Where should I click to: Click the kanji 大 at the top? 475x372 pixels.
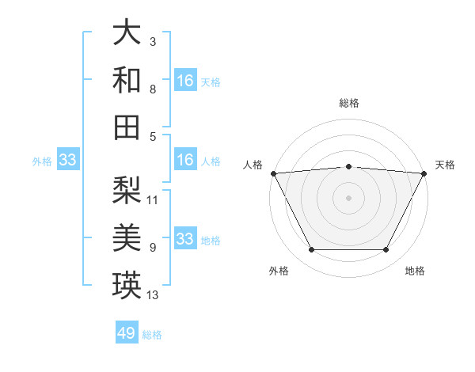(127, 32)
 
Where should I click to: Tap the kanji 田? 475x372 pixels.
(127, 126)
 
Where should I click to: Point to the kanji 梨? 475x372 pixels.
(127, 190)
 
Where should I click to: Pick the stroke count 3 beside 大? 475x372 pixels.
(152, 40)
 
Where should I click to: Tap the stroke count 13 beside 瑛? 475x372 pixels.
(153, 296)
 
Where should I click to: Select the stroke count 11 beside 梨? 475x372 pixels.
(153, 199)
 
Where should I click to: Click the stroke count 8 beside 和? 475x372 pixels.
(152, 89)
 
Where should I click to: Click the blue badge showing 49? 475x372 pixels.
(127, 333)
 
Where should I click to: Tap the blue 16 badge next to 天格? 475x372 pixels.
(185, 81)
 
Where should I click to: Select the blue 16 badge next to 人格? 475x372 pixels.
(185, 161)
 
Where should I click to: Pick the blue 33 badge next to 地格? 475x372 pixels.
(185, 239)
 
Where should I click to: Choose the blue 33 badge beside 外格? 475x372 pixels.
(68, 161)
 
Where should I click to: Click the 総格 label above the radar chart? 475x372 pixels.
(348, 104)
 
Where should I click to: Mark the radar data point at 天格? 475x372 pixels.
(424, 173)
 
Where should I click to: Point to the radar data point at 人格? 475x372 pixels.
(273, 173)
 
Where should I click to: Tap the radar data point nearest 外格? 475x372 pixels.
(311, 250)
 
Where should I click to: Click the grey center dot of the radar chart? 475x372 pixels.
(348, 198)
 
